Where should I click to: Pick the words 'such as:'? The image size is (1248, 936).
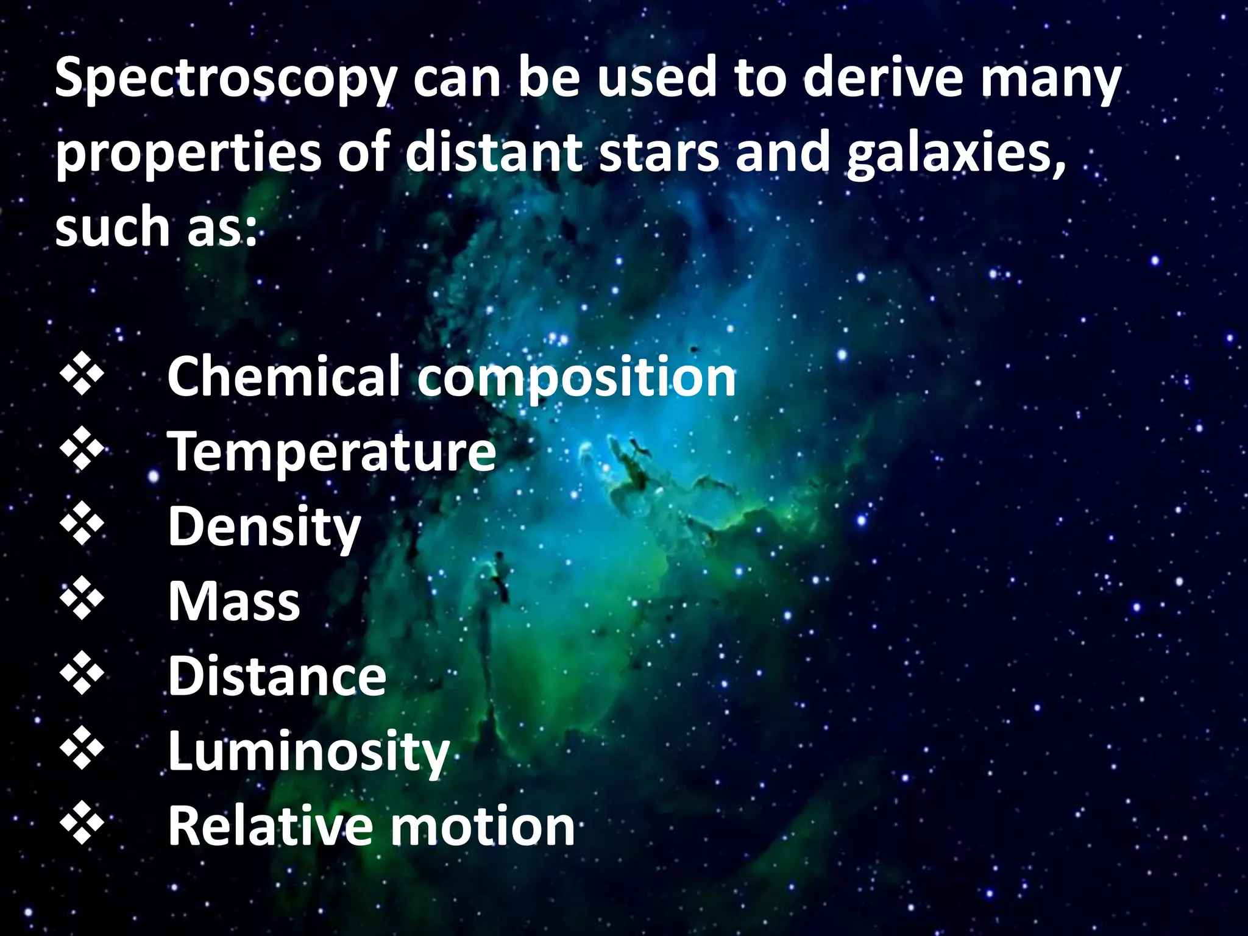coord(156,227)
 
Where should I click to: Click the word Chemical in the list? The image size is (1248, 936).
coord(284,376)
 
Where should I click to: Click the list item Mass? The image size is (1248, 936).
coord(234,602)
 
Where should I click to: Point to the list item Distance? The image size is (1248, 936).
coord(277,676)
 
